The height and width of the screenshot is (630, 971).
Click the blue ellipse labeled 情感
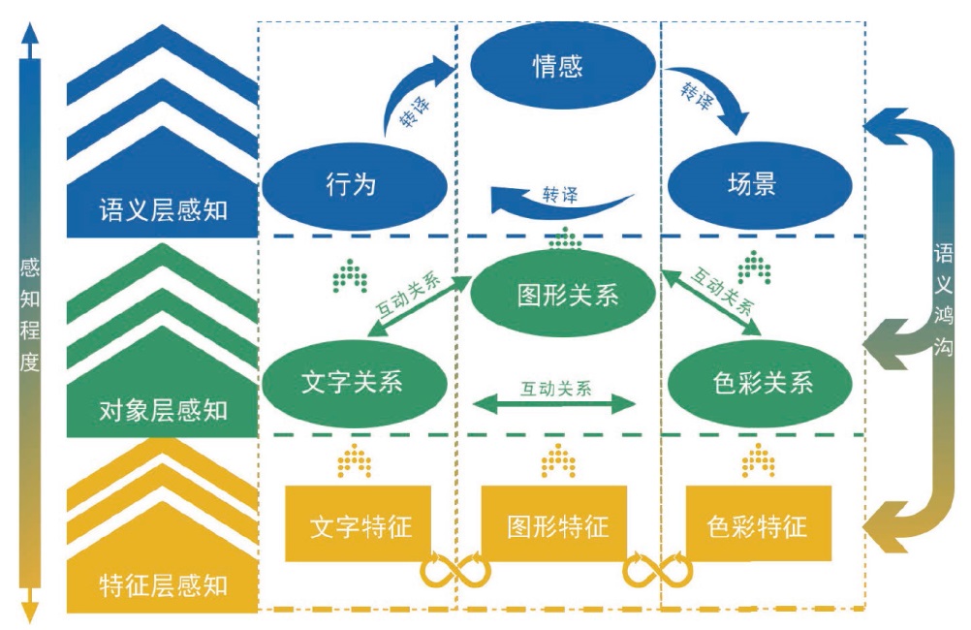(x=558, y=66)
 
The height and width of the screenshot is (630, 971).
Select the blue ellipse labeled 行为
(x=353, y=183)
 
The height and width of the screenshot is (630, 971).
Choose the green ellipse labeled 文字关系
(x=353, y=381)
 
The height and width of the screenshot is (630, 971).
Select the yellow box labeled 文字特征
(x=359, y=524)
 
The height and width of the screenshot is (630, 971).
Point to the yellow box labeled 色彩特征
(x=759, y=524)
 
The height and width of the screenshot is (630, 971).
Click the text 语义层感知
(x=163, y=210)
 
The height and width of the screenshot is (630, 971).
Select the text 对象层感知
(x=163, y=410)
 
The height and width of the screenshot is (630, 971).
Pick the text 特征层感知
(x=163, y=584)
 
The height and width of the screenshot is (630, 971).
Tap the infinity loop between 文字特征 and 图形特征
(x=455, y=571)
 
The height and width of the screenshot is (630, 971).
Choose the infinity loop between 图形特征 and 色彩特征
(x=658, y=571)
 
